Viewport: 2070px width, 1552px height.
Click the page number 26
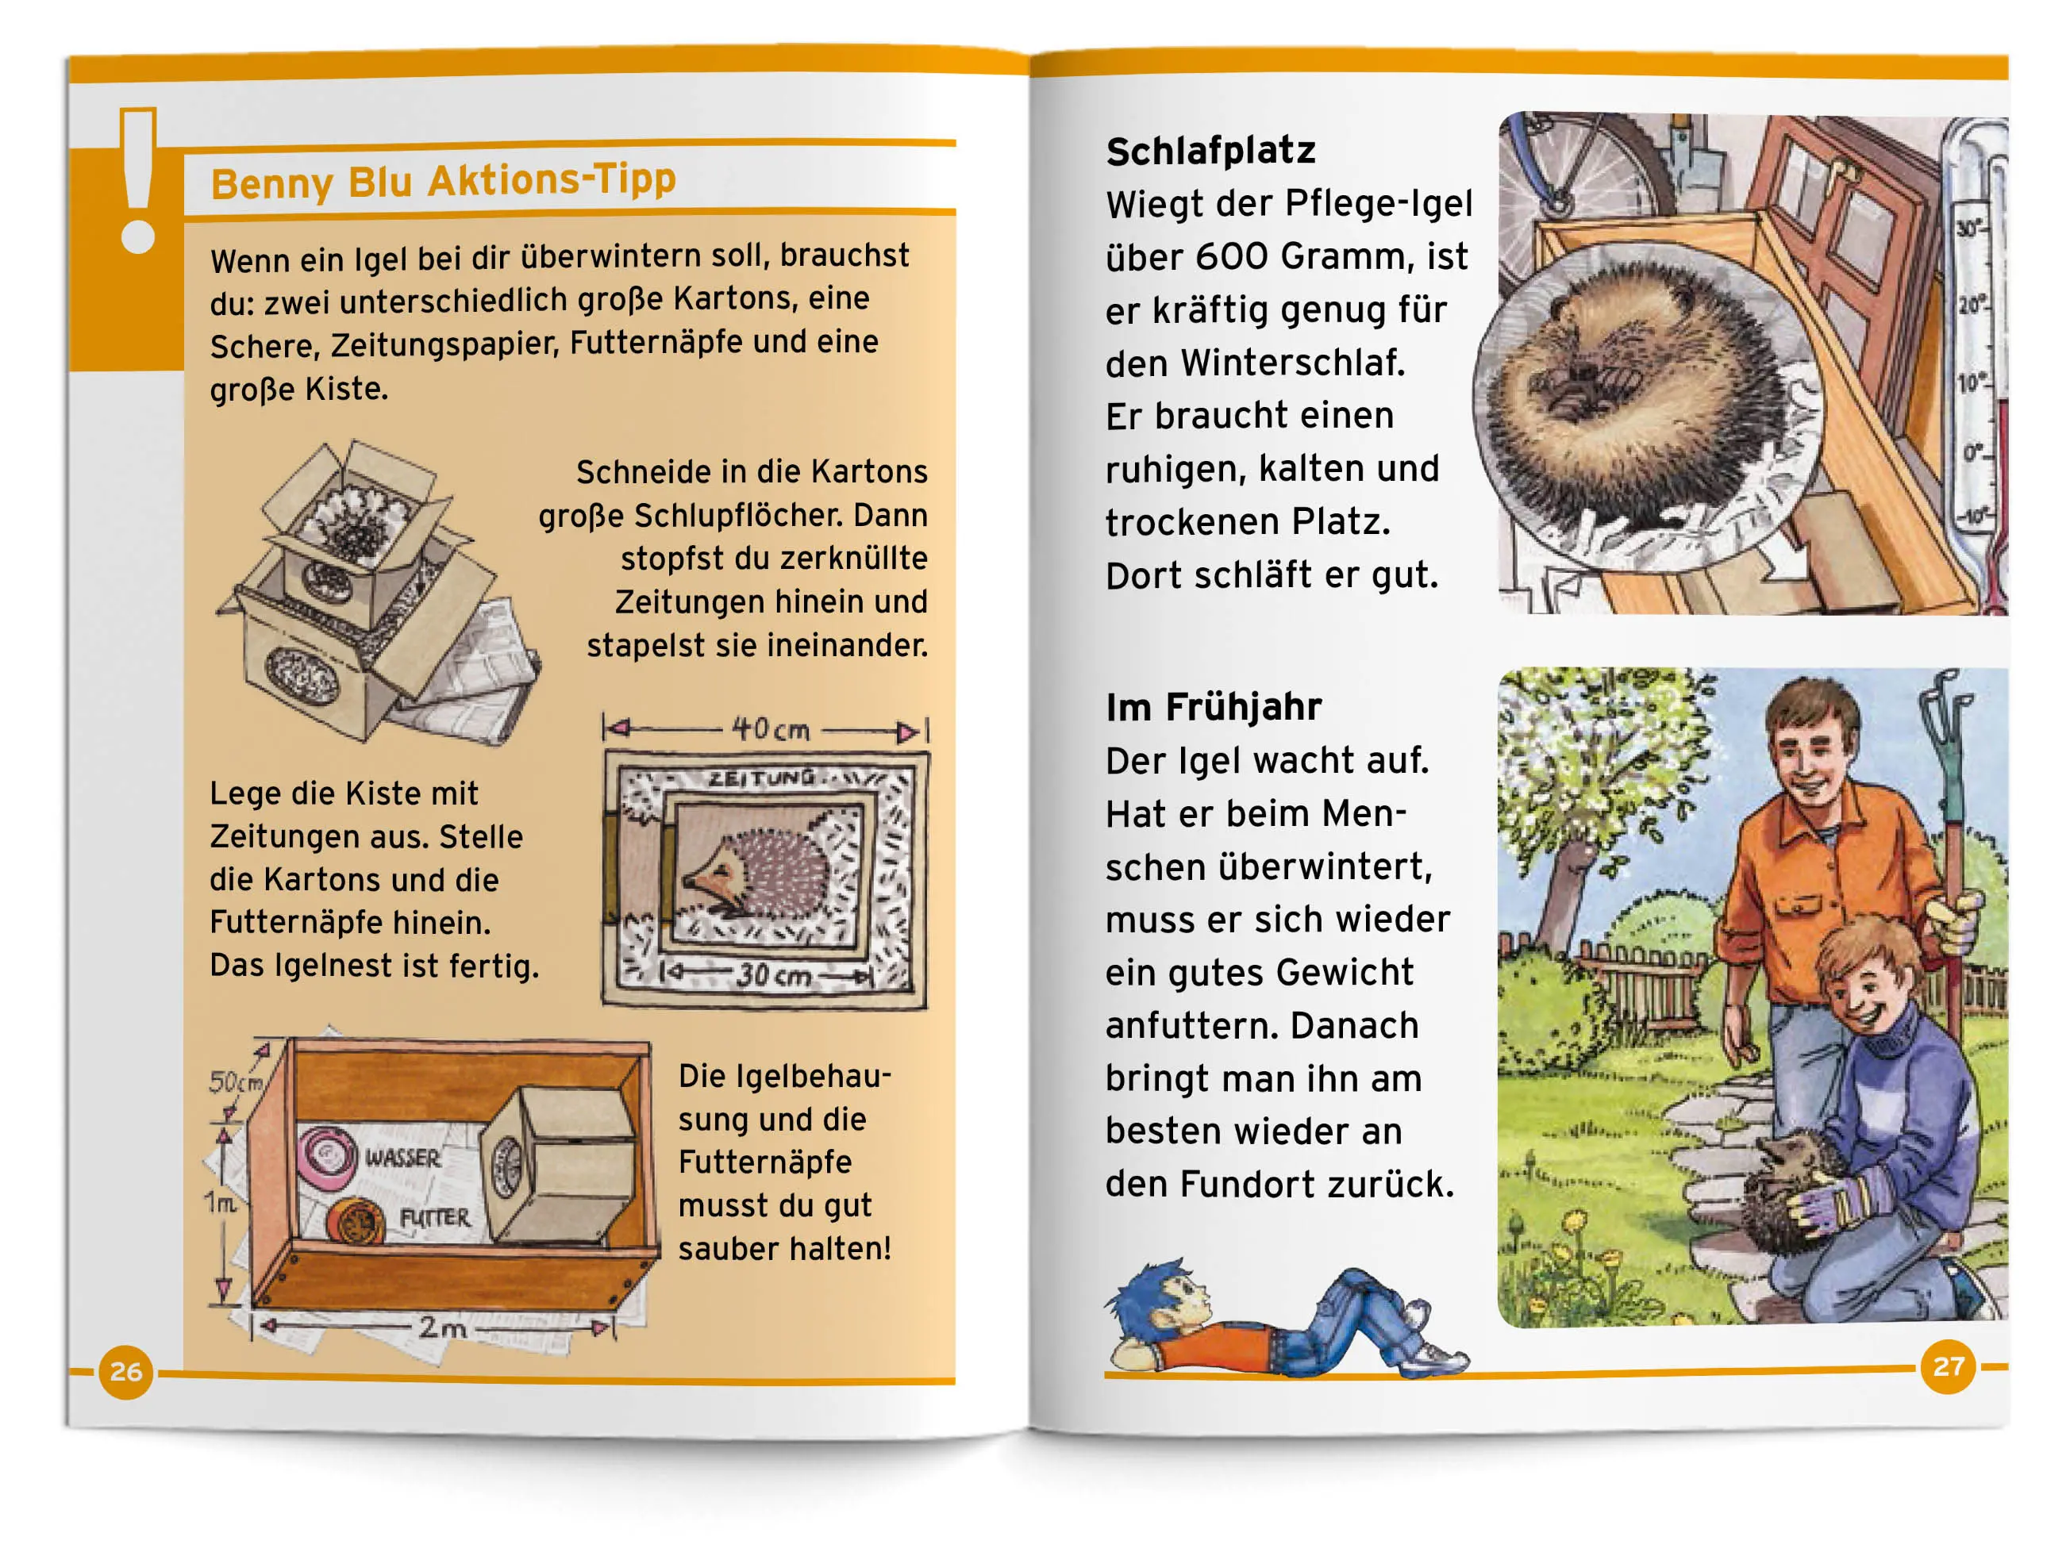click(126, 1371)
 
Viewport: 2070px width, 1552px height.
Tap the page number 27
click(1949, 1367)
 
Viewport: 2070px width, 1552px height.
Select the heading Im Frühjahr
click(1214, 707)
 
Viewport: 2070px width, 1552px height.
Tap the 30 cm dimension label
click(774, 976)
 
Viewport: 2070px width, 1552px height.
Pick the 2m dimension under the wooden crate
click(441, 1327)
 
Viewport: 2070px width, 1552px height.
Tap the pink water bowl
click(326, 1154)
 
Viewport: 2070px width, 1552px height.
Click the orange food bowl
click(356, 1222)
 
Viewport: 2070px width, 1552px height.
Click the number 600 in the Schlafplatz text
click(1224, 256)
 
